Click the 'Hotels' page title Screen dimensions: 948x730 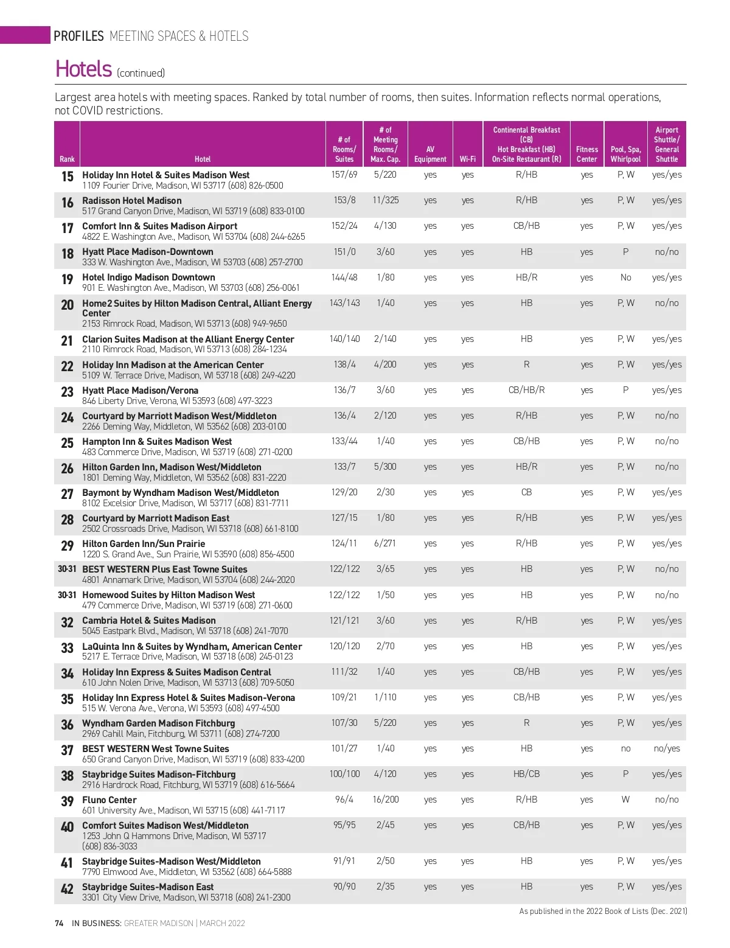83,69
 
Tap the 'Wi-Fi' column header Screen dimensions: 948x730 467,159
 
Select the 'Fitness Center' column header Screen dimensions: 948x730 586,154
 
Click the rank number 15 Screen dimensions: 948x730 67,176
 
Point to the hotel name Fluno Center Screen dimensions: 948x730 109,800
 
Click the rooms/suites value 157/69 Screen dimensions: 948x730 344,175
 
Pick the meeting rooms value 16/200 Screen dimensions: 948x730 386,800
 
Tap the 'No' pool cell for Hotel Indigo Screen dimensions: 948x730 625,277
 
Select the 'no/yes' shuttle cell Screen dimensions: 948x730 667,748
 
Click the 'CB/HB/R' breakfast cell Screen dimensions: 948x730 526,390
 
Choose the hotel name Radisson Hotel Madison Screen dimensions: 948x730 132,200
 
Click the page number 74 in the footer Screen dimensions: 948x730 59,923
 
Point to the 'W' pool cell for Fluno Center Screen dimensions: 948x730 625,800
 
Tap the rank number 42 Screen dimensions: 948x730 67,889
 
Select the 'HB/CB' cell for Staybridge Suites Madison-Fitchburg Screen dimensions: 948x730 526,774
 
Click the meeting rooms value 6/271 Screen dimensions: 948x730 386,543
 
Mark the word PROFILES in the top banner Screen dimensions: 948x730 78,36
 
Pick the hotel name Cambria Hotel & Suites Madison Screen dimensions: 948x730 149,620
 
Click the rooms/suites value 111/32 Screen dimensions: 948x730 344,672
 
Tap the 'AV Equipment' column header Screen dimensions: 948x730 430,154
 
